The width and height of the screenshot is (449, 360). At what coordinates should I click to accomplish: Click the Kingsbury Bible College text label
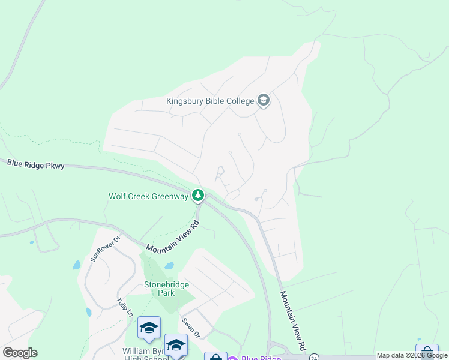pos(210,100)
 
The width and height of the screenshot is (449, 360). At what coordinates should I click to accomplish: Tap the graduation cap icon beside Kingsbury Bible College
pos(263,100)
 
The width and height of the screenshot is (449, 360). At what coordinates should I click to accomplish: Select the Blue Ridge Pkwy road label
pos(35,164)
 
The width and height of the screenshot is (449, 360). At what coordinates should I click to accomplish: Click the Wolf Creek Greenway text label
pos(148,196)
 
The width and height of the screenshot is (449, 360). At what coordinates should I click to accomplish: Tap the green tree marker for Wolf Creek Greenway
pos(197,196)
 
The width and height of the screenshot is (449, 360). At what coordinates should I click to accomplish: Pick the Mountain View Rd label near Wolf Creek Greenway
pos(172,238)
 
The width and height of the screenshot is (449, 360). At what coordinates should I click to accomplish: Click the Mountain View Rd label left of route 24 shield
pos(293,322)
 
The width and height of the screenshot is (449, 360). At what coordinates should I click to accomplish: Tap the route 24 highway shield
pos(314,358)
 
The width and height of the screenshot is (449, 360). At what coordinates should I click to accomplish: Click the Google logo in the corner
pos(20,353)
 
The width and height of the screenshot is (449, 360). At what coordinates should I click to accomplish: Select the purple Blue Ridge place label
pos(261,358)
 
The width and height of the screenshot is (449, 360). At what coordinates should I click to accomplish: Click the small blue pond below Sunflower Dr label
pos(76,265)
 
